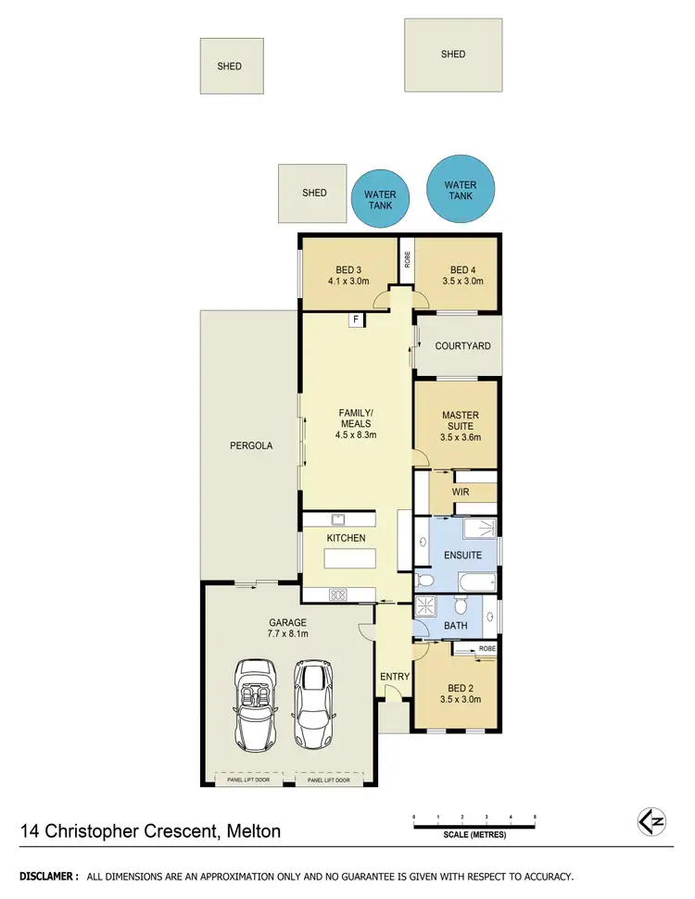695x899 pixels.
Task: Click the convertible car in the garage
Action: [255, 705]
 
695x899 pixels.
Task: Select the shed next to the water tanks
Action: [313, 193]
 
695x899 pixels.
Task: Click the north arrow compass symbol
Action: [652, 820]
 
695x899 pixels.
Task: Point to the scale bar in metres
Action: [474, 823]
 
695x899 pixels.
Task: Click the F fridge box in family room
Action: [355, 319]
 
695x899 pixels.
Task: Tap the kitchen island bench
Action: [350, 559]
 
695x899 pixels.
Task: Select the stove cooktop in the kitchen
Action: [337, 594]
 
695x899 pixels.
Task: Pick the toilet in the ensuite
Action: [424, 581]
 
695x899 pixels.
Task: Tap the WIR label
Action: [461, 493]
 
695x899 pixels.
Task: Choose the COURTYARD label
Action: [462, 345]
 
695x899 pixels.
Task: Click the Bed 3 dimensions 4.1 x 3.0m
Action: [348, 281]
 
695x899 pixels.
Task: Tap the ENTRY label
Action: [394, 677]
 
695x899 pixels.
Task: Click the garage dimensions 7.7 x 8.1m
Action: [287, 635]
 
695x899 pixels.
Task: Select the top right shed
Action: [453, 55]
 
